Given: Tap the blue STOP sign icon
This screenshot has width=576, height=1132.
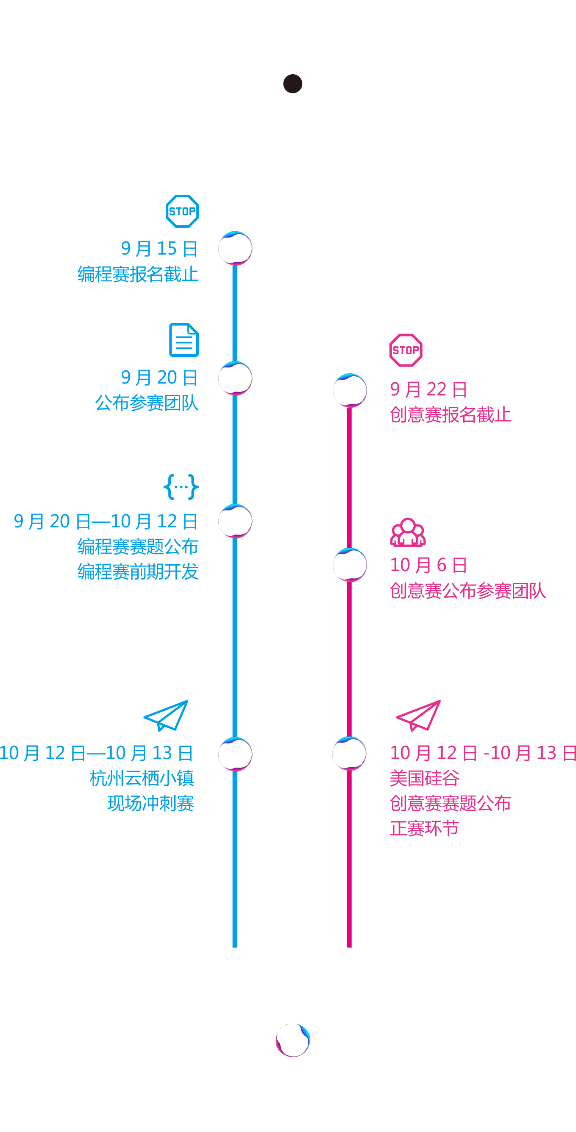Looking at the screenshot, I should pos(182,211).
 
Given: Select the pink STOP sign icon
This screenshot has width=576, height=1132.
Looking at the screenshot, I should pos(406,350).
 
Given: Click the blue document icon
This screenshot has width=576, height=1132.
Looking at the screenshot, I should pos(184,340).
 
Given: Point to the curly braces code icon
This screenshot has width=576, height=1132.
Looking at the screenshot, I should pos(181,487).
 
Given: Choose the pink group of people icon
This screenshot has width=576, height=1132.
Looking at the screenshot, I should pos(408,532).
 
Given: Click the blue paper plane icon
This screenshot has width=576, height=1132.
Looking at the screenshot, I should pos(166,715).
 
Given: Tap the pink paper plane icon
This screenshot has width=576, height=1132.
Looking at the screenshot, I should pos(418,715).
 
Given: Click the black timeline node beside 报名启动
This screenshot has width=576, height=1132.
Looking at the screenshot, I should pos(293,84).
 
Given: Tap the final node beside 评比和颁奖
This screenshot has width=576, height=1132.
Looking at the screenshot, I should pos(293,1040).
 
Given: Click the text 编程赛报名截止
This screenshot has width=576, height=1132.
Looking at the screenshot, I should pos(138,274).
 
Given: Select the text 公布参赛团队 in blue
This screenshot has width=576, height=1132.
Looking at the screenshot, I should pos(147,403).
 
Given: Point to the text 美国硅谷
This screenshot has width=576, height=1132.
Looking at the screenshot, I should pos(425,778).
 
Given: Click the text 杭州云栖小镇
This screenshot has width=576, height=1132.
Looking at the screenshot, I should pos(142,778).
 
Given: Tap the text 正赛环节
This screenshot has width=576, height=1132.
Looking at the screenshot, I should pos(425,829).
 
